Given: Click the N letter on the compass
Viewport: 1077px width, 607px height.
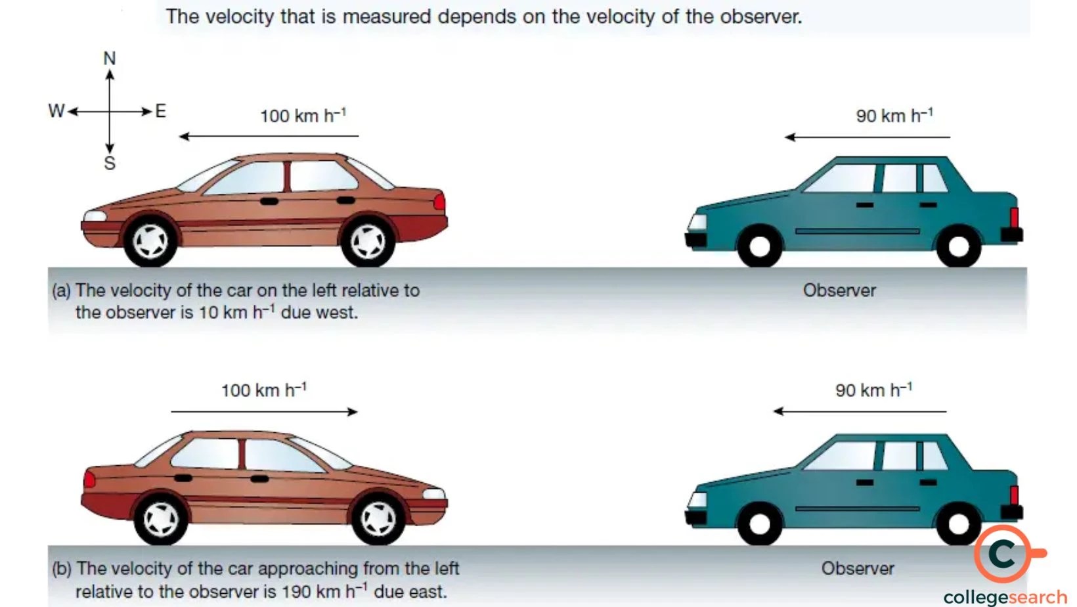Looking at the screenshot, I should [110, 58].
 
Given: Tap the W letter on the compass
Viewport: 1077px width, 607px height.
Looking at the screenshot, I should [56, 111].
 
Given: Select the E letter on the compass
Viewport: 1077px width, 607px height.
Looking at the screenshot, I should [161, 111].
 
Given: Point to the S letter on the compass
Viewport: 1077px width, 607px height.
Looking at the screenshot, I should [110, 164].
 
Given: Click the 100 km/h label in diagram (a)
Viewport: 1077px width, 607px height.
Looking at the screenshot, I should [303, 116].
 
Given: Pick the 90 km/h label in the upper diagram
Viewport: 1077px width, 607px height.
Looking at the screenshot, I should [894, 116].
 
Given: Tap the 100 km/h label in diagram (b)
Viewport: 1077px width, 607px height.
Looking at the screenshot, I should [263, 390].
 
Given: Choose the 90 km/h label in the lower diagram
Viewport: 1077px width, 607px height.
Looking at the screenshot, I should [873, 390].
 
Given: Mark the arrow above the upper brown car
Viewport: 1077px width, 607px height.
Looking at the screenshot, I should [269, 137].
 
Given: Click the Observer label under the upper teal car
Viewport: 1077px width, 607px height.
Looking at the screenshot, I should [839, 290].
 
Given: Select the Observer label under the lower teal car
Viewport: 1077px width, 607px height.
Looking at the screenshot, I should [858, 568].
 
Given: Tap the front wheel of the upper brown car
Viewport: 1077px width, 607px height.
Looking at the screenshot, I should [151, 241].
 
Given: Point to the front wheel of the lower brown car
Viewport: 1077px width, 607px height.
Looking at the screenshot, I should [379, 519].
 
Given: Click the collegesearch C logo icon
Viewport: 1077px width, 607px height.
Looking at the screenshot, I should [1003, 554].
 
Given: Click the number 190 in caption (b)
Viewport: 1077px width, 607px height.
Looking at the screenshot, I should [296, 591].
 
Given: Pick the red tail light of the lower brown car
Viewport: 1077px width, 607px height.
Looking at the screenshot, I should [89, 480].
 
